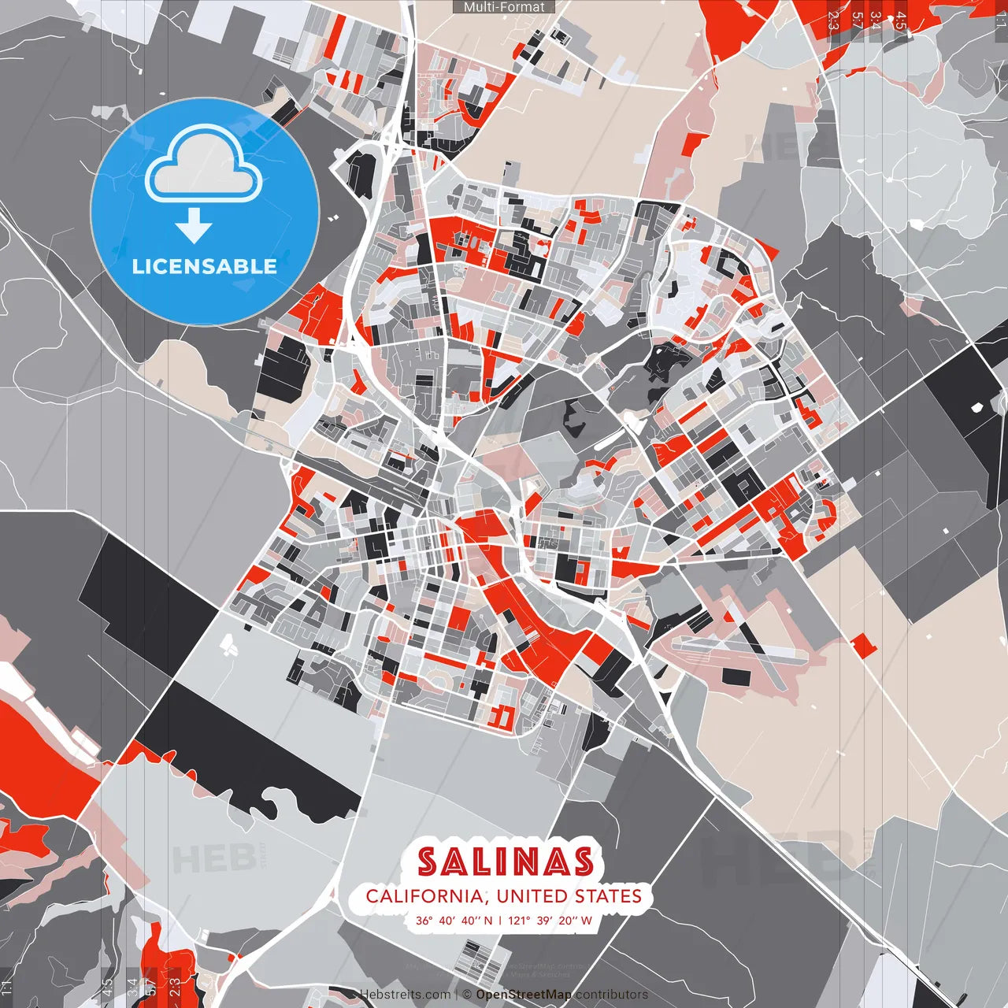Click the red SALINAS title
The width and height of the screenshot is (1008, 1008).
pos(505,862)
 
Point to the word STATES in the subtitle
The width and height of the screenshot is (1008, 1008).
pos(607,896)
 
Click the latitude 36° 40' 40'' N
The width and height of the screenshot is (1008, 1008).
pos(454,920)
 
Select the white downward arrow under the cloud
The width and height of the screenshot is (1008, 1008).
pos(194,225)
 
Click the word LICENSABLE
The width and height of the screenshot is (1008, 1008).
pos(205,266)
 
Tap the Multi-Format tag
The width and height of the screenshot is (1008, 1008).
pos(504,7)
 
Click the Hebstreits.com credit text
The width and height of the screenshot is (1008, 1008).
pos(406,995)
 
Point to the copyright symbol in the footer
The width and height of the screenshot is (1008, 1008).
pos(467,995)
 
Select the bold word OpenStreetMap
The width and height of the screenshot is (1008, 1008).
pos(524,995)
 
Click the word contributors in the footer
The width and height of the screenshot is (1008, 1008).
pos(612,995)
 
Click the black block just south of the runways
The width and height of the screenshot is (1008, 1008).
pos(734,676)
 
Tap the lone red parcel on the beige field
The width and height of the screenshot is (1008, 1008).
pos(864,646)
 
